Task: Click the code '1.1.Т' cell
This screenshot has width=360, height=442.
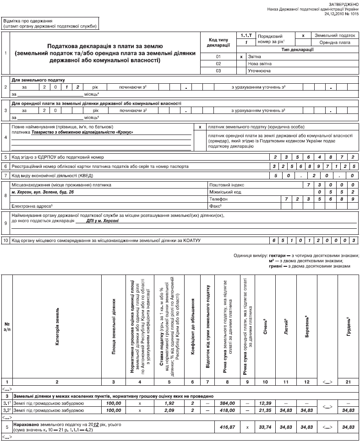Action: (x=246, y=35)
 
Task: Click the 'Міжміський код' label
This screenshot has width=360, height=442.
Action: (x=224, y=192)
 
